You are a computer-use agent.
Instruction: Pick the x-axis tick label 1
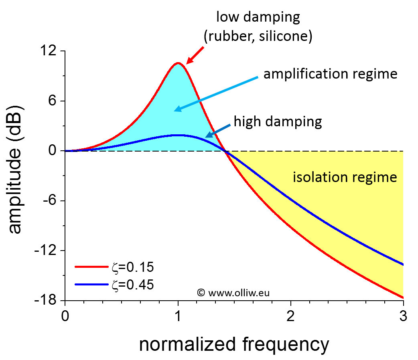tap(178, 316)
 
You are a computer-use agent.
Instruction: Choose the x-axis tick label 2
tap(290, 316)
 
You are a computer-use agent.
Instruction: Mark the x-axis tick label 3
tap(403, 316)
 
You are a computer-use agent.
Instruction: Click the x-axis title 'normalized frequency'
tap(234, 344)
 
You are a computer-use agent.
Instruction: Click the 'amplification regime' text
tap(330, 74)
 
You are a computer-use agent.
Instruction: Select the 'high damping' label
tap(278, 121)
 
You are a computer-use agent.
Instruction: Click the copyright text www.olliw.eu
tap(233, 292)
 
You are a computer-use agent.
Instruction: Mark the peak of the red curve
tap(177, 63)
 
